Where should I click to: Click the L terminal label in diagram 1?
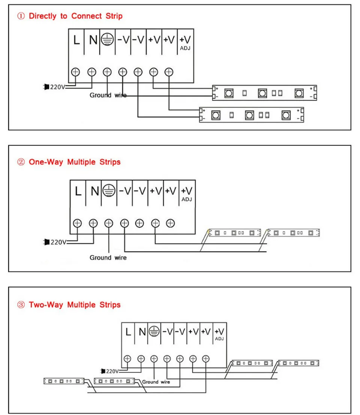(76, 40)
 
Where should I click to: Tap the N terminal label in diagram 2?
(95, 191)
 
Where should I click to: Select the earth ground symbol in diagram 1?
(108, 40)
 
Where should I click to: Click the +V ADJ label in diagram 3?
(219, 334)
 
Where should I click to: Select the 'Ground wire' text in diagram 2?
(108, 258)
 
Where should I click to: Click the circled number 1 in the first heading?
(21, 16)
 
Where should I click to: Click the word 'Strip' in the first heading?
(114, 16)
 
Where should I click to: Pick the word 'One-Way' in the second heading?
(46, 162)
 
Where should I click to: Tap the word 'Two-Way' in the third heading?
(46, 305)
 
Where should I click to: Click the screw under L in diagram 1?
(75, 72)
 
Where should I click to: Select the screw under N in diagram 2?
(93, 223)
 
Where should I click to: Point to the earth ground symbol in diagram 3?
(154, 331)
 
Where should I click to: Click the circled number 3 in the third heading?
(21, 305)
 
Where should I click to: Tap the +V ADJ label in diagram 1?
(185, 43)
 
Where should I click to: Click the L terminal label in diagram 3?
(128, 332)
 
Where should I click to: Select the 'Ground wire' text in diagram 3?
(156, 382)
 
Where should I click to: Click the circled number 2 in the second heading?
(21, 162)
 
